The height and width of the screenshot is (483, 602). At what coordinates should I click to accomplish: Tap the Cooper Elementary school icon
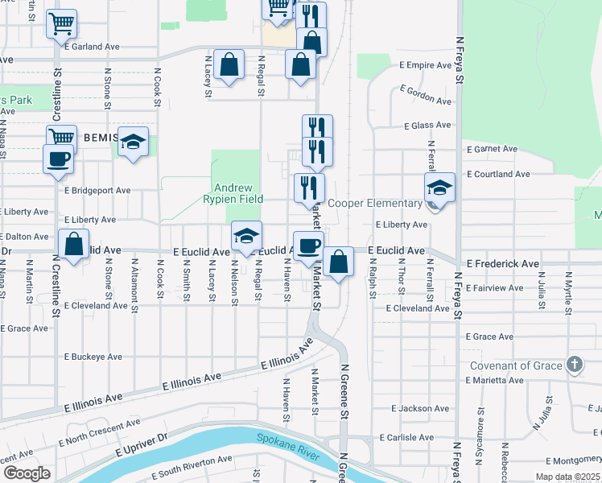(x=439, y=188)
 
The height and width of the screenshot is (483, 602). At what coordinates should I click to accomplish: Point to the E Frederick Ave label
(x=502, y=263)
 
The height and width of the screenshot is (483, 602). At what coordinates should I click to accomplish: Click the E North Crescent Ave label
(x=100, y=433)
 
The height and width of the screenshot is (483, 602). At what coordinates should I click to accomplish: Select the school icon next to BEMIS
(x=134, y=142)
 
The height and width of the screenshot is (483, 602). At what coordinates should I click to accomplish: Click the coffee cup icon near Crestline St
(x=58, y=159)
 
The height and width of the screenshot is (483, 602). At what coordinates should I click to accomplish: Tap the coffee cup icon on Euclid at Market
(x=307, y=246)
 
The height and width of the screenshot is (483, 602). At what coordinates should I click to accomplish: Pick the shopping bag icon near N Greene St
(x=339, y=261)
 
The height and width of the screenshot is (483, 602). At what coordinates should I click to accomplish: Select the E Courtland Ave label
(x=498, y=174)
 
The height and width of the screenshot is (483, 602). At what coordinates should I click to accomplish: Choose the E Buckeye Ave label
(x=93, y=356)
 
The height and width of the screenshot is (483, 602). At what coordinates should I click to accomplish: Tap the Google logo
(x=27, y=473)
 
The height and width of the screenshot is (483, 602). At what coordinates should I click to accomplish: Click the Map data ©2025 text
(x=568, y=477)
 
